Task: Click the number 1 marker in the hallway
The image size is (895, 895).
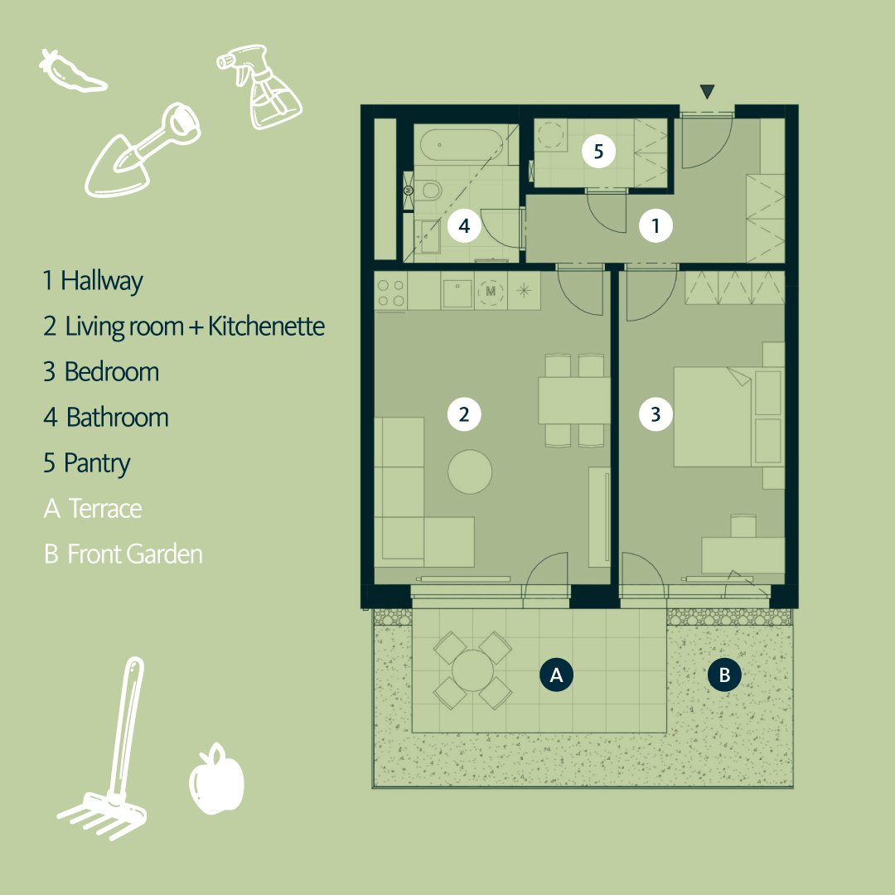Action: tap(656, 225)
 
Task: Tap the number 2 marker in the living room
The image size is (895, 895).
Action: tap(463, 414)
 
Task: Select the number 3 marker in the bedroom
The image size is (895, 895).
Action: tap(656, 414)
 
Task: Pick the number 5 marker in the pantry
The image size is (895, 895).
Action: tap(598, 152)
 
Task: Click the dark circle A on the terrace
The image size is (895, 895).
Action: tap(556, 675)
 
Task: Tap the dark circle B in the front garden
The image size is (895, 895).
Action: tap(724, 675)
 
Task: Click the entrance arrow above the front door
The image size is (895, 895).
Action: tap(707, 91)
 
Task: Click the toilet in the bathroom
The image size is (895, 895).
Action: tap(428, 191)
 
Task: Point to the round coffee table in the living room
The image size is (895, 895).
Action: tap(470, 472)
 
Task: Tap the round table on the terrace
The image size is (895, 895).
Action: tap(472, 670)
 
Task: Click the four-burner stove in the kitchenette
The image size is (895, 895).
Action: tap(391, 292)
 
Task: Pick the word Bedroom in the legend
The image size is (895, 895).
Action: tap(111, 371)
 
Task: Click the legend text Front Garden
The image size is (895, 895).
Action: tap(134, 554)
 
